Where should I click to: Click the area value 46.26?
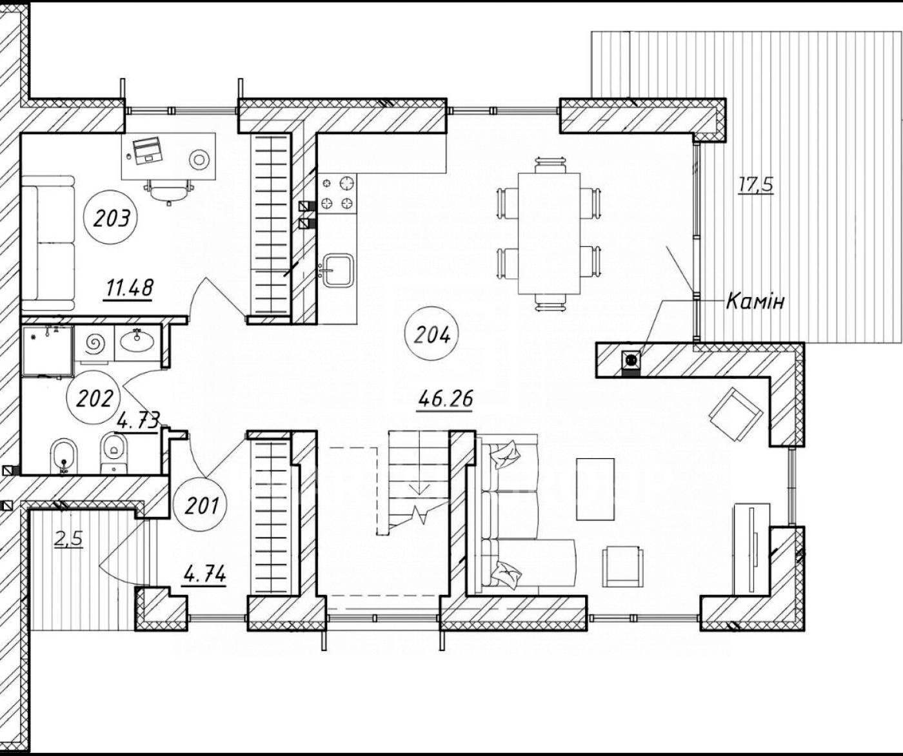click(445, 399)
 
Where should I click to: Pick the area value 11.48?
click(128, 288)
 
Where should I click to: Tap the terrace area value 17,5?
click(755, 184)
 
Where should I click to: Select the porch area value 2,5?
click(68, 539)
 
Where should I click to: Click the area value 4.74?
click(204, 575)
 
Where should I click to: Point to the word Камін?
click(755, 301)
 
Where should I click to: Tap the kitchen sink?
click(338, 269)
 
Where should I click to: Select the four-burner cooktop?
click(337, 193)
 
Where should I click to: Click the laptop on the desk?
click(147, 150)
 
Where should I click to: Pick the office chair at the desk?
click(169, 191)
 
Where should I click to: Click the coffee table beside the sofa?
click(595, 489)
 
